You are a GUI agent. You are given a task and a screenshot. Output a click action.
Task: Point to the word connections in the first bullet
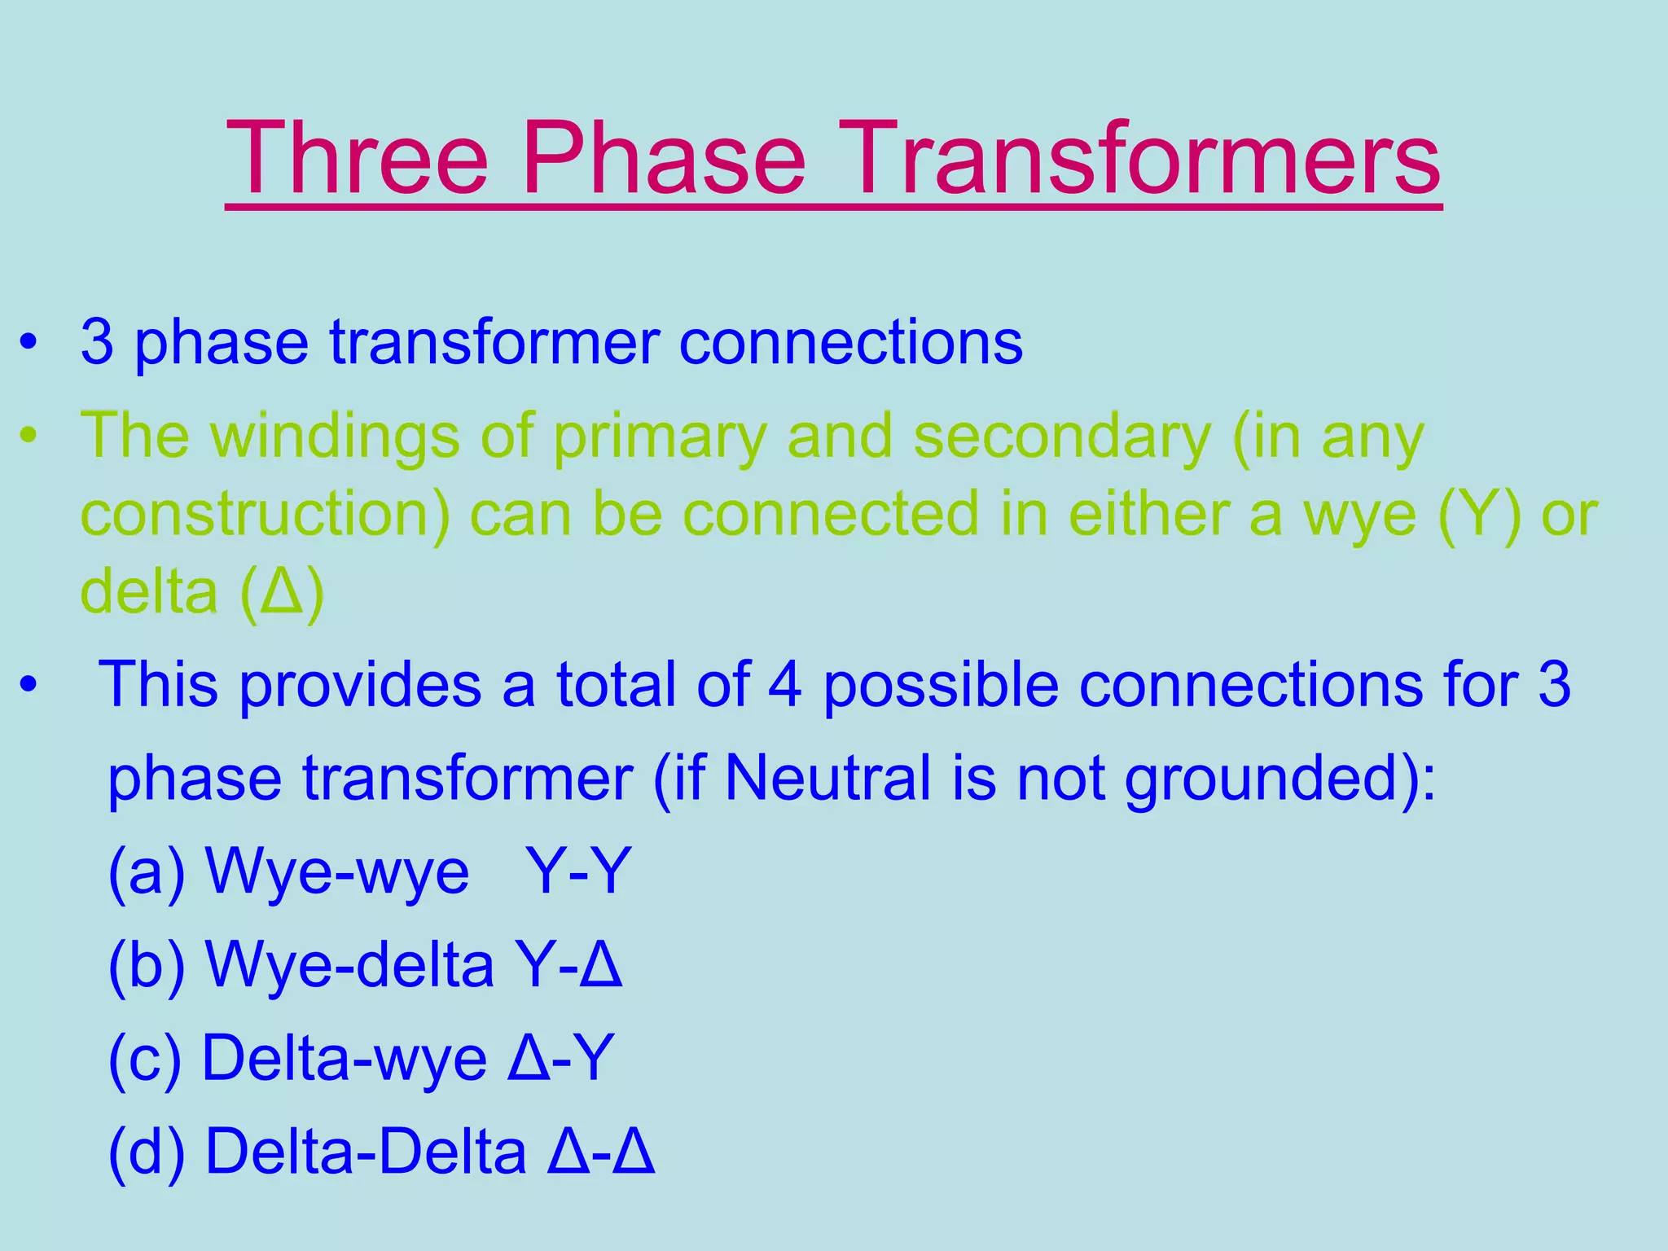[850, 342]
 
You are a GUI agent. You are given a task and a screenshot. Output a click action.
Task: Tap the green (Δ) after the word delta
[283, 593]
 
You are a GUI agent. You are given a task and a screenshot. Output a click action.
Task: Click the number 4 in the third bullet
[784, 684]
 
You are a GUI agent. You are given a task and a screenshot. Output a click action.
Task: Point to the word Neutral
[827, 778]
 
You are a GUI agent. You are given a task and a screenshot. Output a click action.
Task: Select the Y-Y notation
[578, 871]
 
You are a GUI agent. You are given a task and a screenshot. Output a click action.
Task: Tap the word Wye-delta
[350, 965]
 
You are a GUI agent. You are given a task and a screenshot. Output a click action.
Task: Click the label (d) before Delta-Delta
[147, 1152]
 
